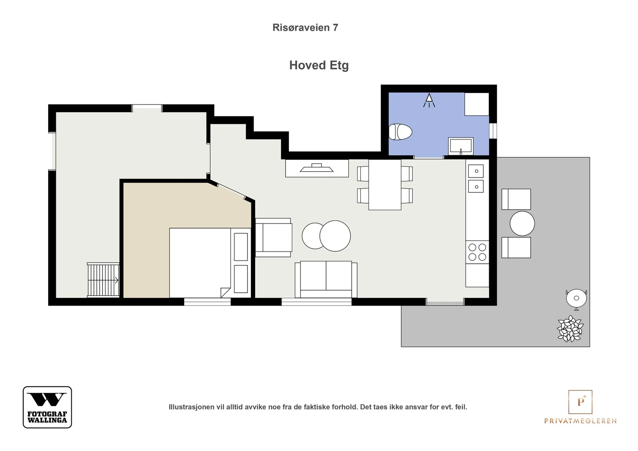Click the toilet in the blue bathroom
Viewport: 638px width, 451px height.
[x=400, y=132]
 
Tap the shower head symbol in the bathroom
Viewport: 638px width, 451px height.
[x=429, y=100]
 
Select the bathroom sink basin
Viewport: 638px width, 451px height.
[x=461, y=146]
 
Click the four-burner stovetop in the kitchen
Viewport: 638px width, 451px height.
[x=477, y=252]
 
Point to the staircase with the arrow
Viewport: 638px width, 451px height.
[x=103, y=280]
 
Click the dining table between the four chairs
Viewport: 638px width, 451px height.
[x=385, y=185]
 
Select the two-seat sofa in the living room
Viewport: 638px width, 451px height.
[x=326, y=279]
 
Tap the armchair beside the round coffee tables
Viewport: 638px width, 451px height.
[x=274, y=237]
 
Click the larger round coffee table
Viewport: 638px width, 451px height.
[x=335, y=236]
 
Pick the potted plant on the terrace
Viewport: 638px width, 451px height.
[x=570, y=328]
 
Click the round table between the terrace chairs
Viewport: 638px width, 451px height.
[x=522, y=224]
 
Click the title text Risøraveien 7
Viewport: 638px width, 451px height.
[x=305, y=27]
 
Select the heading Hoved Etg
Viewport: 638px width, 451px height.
[x=319, y=65]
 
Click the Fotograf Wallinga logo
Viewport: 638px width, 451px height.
[x=47, y=407]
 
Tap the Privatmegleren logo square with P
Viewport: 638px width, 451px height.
[x=580, y=402]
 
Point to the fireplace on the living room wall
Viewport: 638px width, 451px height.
[x=317, y=168]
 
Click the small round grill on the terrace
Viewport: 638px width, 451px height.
[x=577, y=299]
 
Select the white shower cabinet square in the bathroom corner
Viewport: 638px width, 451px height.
[x=477, y=104]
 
